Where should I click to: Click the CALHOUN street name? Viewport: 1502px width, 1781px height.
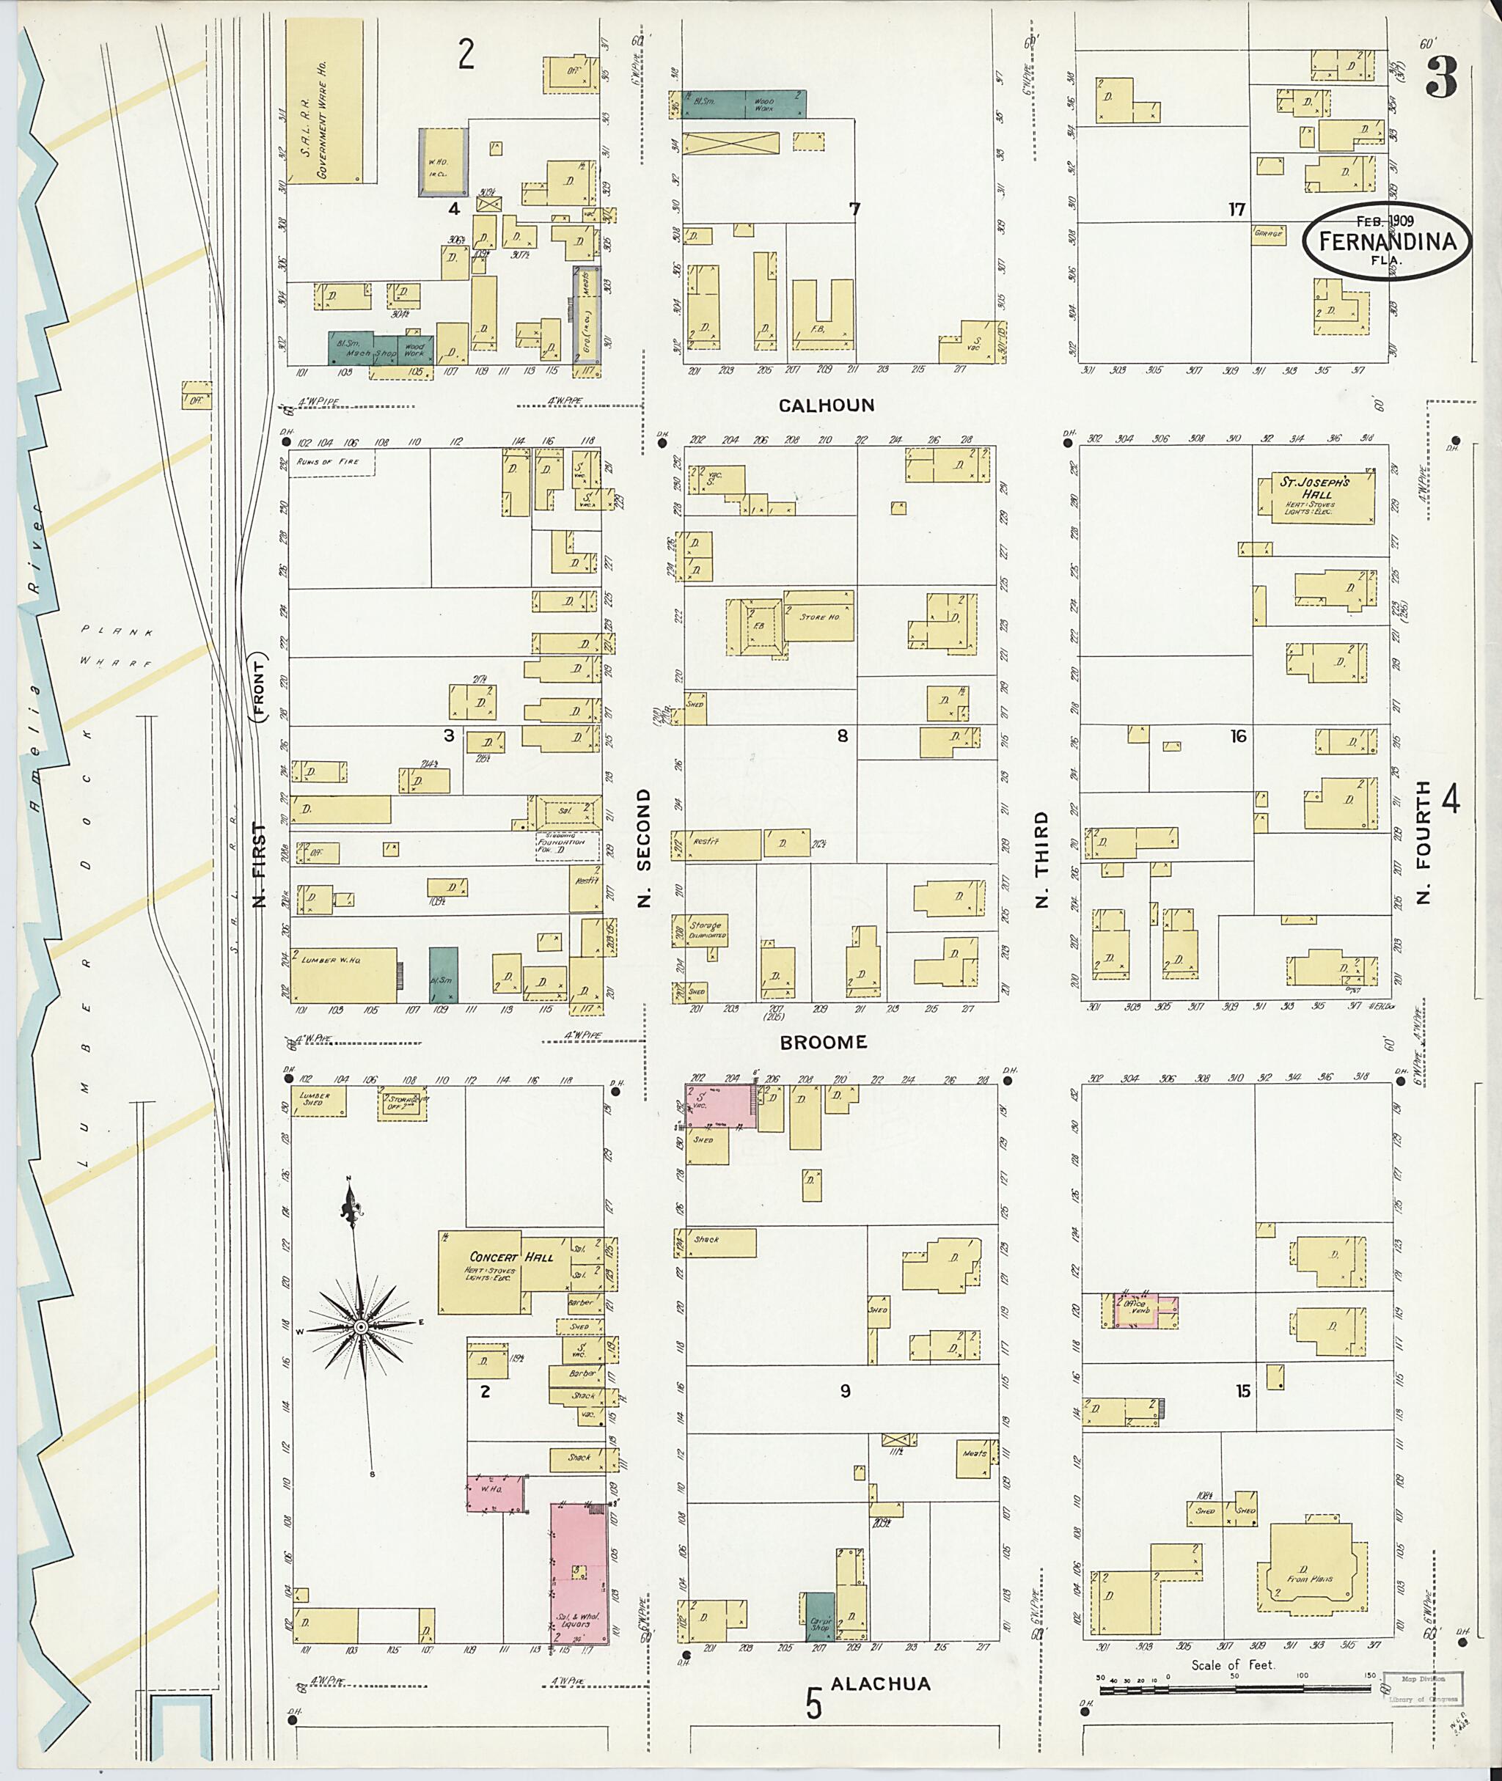tap(826, 405)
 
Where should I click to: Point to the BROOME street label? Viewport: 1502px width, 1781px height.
tap(824, 1041)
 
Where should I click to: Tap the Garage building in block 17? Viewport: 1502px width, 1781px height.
tap(1268, 232)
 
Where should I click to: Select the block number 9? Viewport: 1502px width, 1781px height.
tap(845, 1391)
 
